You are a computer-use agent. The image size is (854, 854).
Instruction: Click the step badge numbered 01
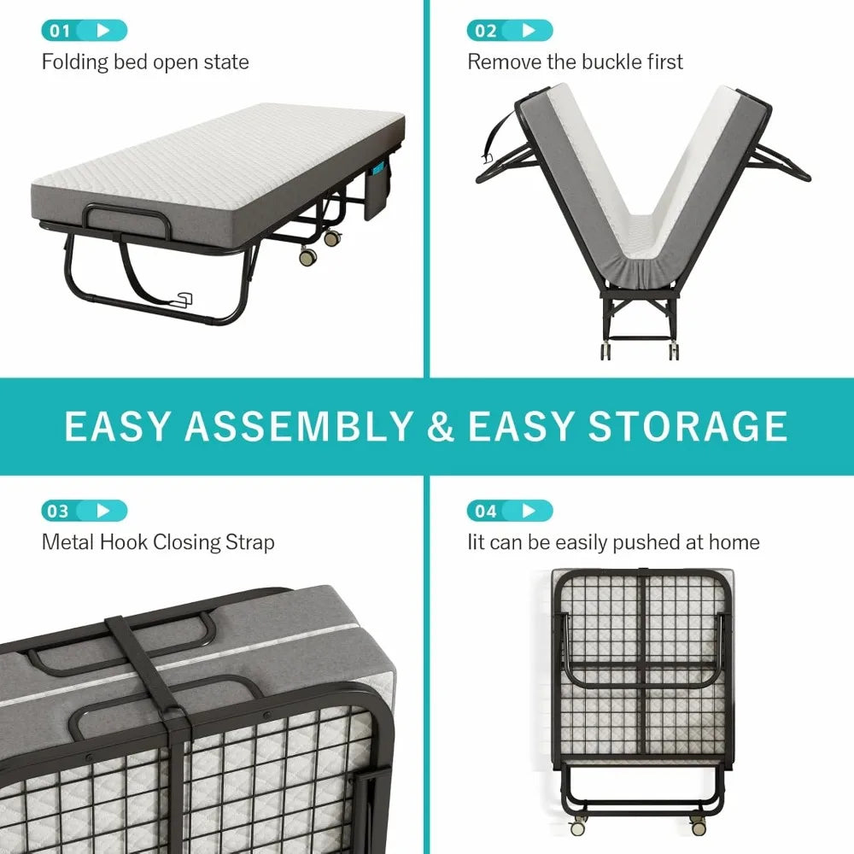84,32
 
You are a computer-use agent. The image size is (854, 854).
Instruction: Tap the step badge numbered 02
509,32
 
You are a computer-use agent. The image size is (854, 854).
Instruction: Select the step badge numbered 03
84,512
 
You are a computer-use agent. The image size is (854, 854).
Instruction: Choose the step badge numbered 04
509,512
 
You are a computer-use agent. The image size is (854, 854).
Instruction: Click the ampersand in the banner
441,426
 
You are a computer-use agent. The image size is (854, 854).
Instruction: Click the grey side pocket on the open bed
377,194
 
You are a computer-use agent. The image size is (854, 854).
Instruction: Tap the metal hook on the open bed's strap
183,298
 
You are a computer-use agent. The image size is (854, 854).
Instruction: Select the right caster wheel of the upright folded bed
699,827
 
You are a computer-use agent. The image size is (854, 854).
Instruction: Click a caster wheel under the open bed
307,254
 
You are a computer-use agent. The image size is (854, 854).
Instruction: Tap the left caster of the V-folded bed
605,351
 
